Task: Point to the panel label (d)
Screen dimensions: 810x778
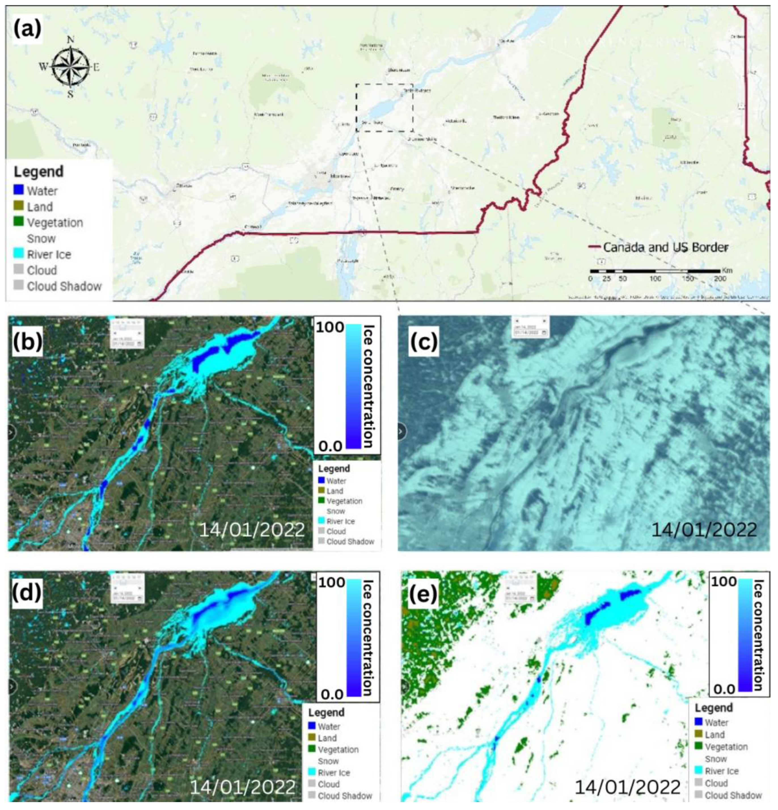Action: point(27,591)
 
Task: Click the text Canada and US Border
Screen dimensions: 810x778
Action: point(665,247)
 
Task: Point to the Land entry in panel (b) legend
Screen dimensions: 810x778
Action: point(334,491)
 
